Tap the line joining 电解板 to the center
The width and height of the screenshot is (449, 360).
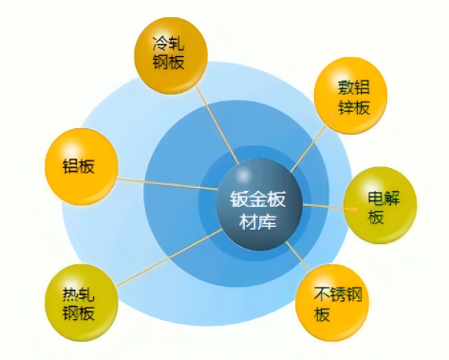pyautogui.click(x=323, y=203)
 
